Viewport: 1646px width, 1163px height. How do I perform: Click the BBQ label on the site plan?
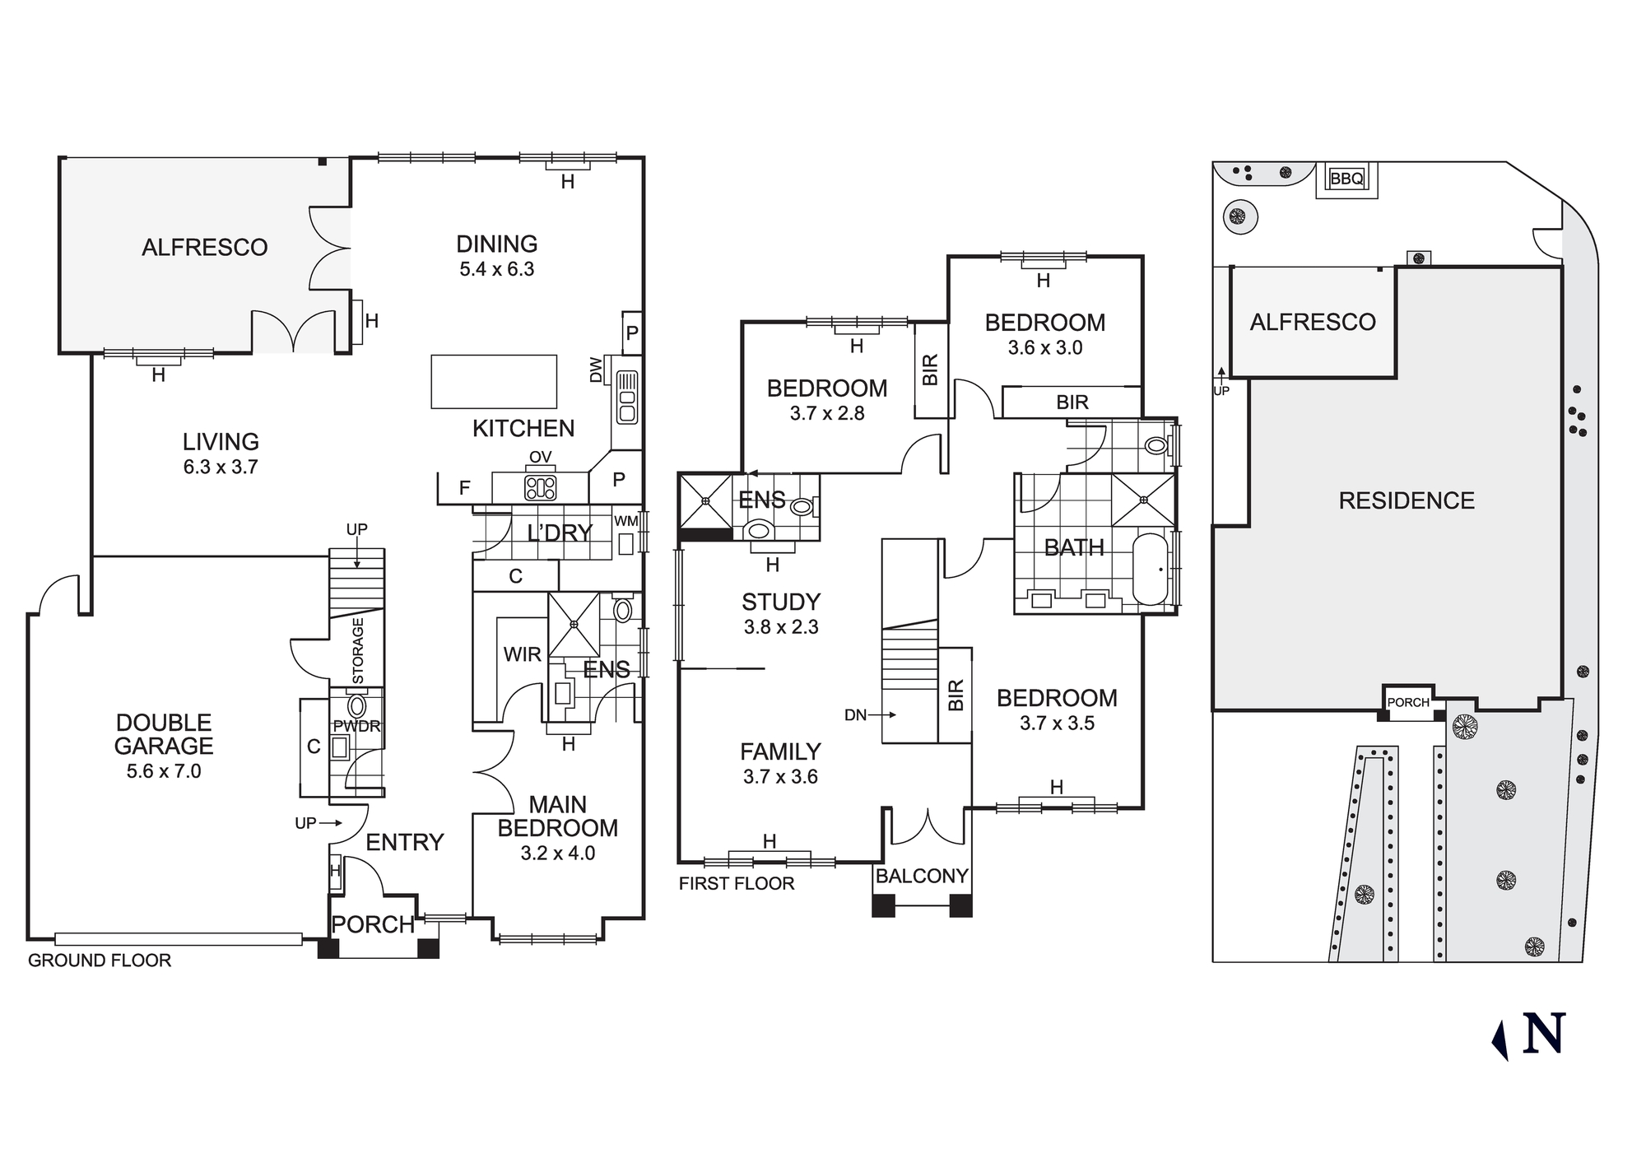pos(1346,179)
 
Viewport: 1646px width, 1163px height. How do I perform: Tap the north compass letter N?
pos(1543,1034)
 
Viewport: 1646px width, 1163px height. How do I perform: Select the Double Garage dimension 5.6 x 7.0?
pos(164,771)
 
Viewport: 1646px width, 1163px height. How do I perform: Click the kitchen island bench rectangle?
pos(494,381)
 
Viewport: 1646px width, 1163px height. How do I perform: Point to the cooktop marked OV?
pos(541,487)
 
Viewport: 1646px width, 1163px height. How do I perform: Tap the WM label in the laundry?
pos(625,521)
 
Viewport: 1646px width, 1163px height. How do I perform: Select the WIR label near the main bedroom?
pos(523,654)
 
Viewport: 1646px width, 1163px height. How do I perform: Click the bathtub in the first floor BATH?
pos(1150,569)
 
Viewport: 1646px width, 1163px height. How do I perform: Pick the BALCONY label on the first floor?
pos(922,876)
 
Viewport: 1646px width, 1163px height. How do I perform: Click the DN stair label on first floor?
pos(856,715)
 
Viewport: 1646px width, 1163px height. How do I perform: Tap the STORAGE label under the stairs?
pos(358,651)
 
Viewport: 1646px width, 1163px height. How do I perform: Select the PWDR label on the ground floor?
pos(356,727)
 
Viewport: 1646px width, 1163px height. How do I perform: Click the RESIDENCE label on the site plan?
pos(1407,500)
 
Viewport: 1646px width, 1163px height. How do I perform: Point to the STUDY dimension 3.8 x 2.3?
pos(781,627)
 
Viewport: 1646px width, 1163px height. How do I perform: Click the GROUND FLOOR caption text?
pos(100,961)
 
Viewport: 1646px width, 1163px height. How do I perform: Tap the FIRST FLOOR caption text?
pos(737,884)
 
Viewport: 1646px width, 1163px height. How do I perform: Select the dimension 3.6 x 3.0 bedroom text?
pos(1045,348)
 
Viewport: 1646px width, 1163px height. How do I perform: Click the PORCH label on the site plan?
pos(1408,702)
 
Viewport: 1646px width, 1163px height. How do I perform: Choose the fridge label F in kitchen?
pos(464,488)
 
